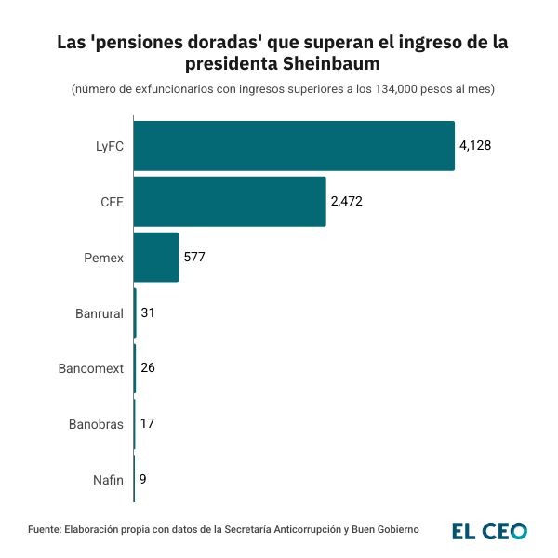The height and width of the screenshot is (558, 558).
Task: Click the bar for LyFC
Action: coord(294,146)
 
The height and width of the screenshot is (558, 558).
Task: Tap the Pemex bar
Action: coord(156,258)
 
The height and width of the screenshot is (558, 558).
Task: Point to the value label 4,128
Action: coord(474,146)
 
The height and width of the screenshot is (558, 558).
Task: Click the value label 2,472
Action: coord(346,202)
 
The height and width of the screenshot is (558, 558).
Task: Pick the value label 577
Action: coord(193,258)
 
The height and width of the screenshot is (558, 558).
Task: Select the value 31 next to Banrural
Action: coord(147,313)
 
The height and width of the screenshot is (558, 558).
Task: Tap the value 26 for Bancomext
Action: coord(147,368)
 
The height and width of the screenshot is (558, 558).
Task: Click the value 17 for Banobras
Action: coord(146,424)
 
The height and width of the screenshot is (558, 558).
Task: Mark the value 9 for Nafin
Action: coord(142,480)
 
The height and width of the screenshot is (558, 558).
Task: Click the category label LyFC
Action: coord(109,146)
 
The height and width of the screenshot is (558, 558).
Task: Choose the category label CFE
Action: coord(112,202)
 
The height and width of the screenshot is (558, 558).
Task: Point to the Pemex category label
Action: coord(103,258)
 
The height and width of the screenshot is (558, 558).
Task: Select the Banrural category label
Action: coord(100,313)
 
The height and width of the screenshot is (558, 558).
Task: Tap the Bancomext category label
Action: coord(91,368)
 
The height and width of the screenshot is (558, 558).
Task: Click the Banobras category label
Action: coord(96,424)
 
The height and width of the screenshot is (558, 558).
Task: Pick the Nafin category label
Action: coord(108,480)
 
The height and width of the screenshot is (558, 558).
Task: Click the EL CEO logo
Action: coord(490,531)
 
